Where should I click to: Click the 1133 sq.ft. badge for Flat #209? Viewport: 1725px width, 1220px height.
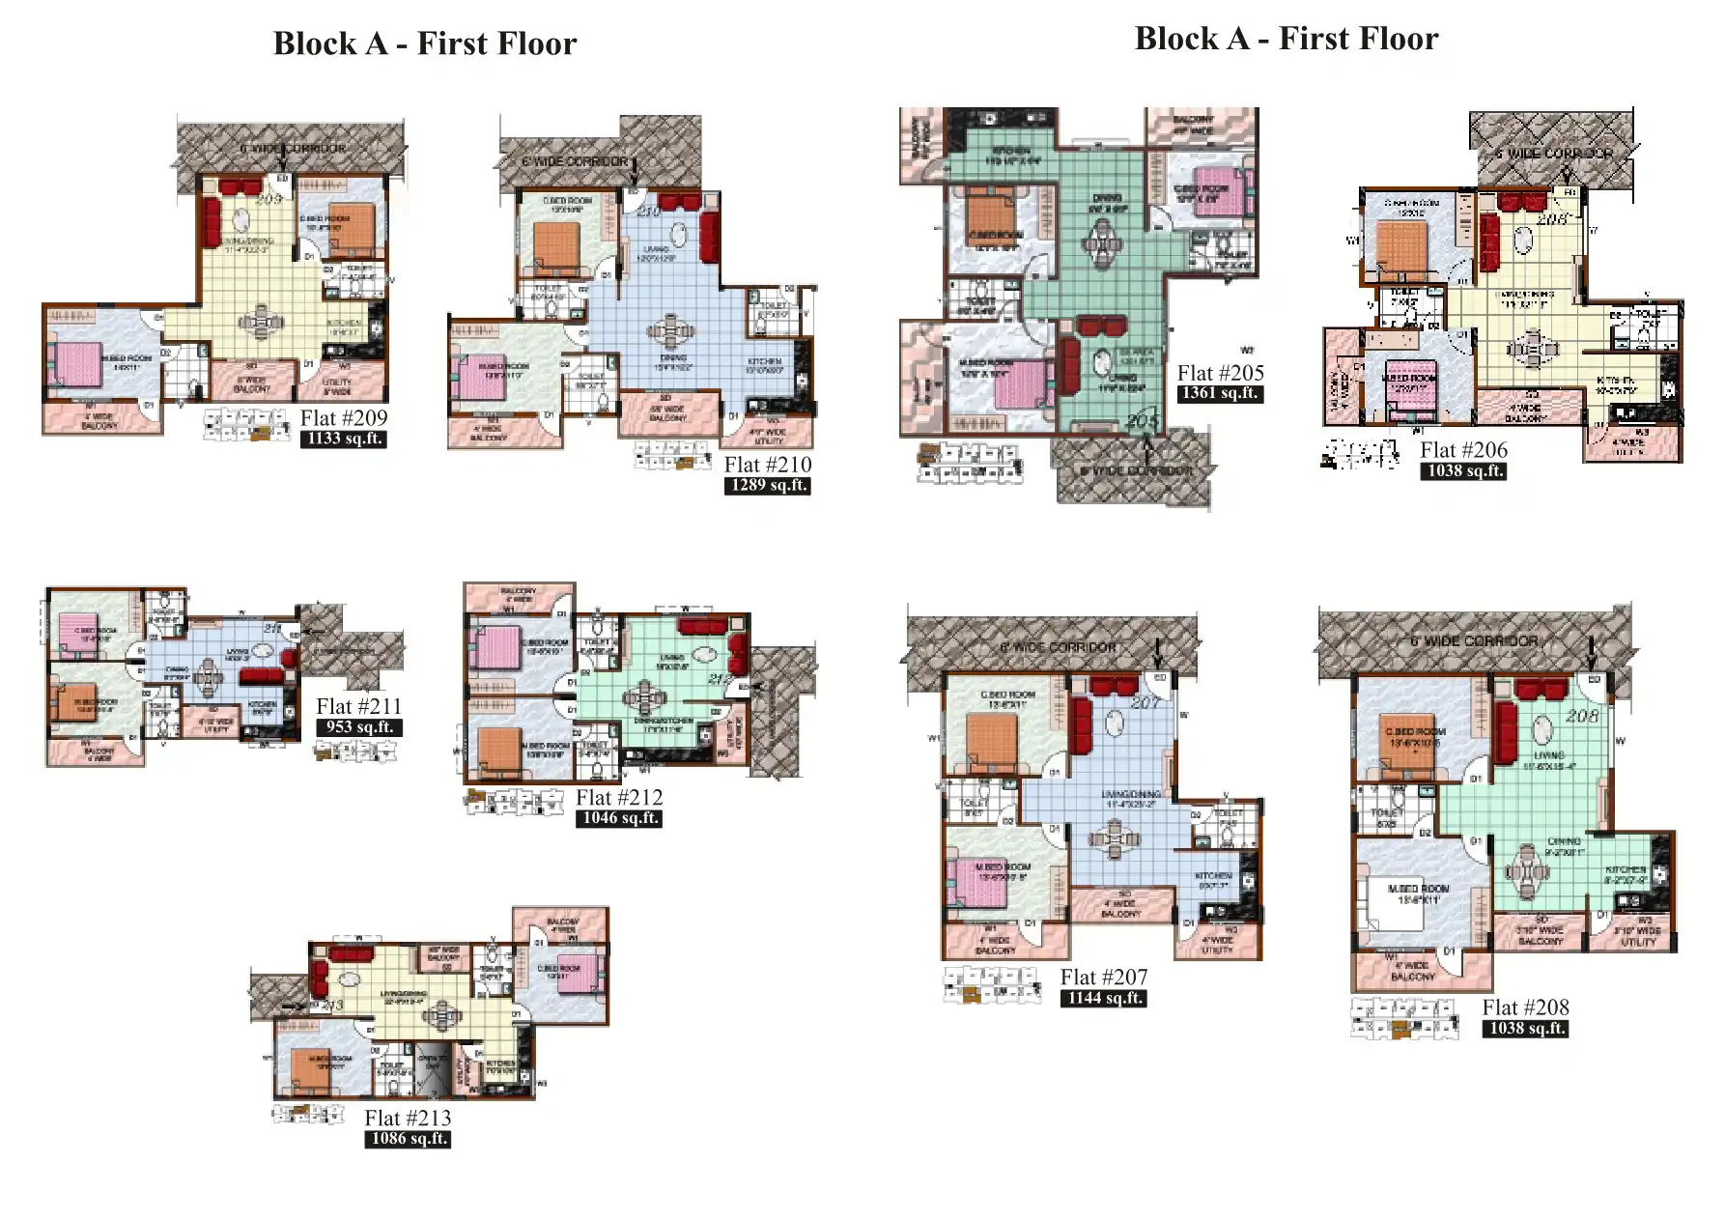[344, 439]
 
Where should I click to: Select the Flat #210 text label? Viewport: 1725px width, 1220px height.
[768, 465]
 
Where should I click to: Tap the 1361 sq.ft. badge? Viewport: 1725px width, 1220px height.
[1220, 393]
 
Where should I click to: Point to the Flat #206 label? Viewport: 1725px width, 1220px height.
[1463, 450]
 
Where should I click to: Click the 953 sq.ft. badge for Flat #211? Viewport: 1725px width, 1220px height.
[358, 727]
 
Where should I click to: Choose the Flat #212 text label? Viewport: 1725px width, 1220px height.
[619, 798]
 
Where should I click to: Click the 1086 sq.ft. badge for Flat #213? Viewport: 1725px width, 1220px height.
[409, 1139]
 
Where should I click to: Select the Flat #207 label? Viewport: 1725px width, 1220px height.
[1104, 978]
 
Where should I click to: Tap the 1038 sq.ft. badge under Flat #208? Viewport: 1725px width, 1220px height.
[1525, 1029]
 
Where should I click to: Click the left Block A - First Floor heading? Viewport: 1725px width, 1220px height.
[424, 44]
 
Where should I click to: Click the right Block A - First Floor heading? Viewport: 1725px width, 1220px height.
[1286, 40]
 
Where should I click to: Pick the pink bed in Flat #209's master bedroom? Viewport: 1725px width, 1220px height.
[77, 364]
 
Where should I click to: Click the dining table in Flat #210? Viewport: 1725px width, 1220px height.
[671, 331]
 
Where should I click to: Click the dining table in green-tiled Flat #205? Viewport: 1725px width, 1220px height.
[1102, 241]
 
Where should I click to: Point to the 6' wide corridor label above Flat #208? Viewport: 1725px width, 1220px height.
[1474, 641]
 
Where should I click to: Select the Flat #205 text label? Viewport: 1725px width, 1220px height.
[1220, 373]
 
